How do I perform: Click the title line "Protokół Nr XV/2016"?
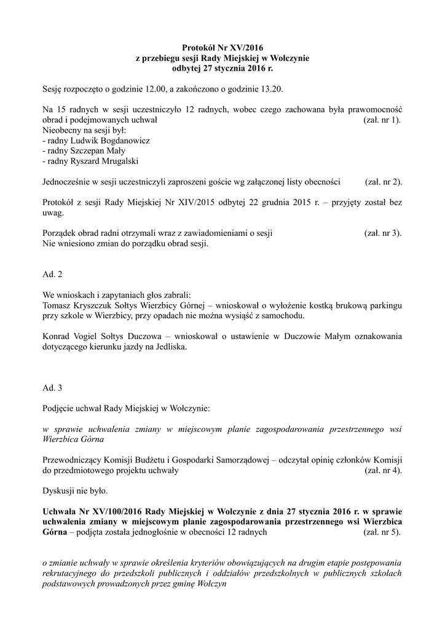[x=222, y=48]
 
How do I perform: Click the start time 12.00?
[x=155, y=89]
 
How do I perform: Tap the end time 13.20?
[x=270, y=89]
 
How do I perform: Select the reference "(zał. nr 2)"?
[x=384, y=182]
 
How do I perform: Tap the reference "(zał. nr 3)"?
[x=382, y=233]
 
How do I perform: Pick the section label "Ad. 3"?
[x=52, y=388]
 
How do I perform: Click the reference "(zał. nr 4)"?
[x=384, y=471]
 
